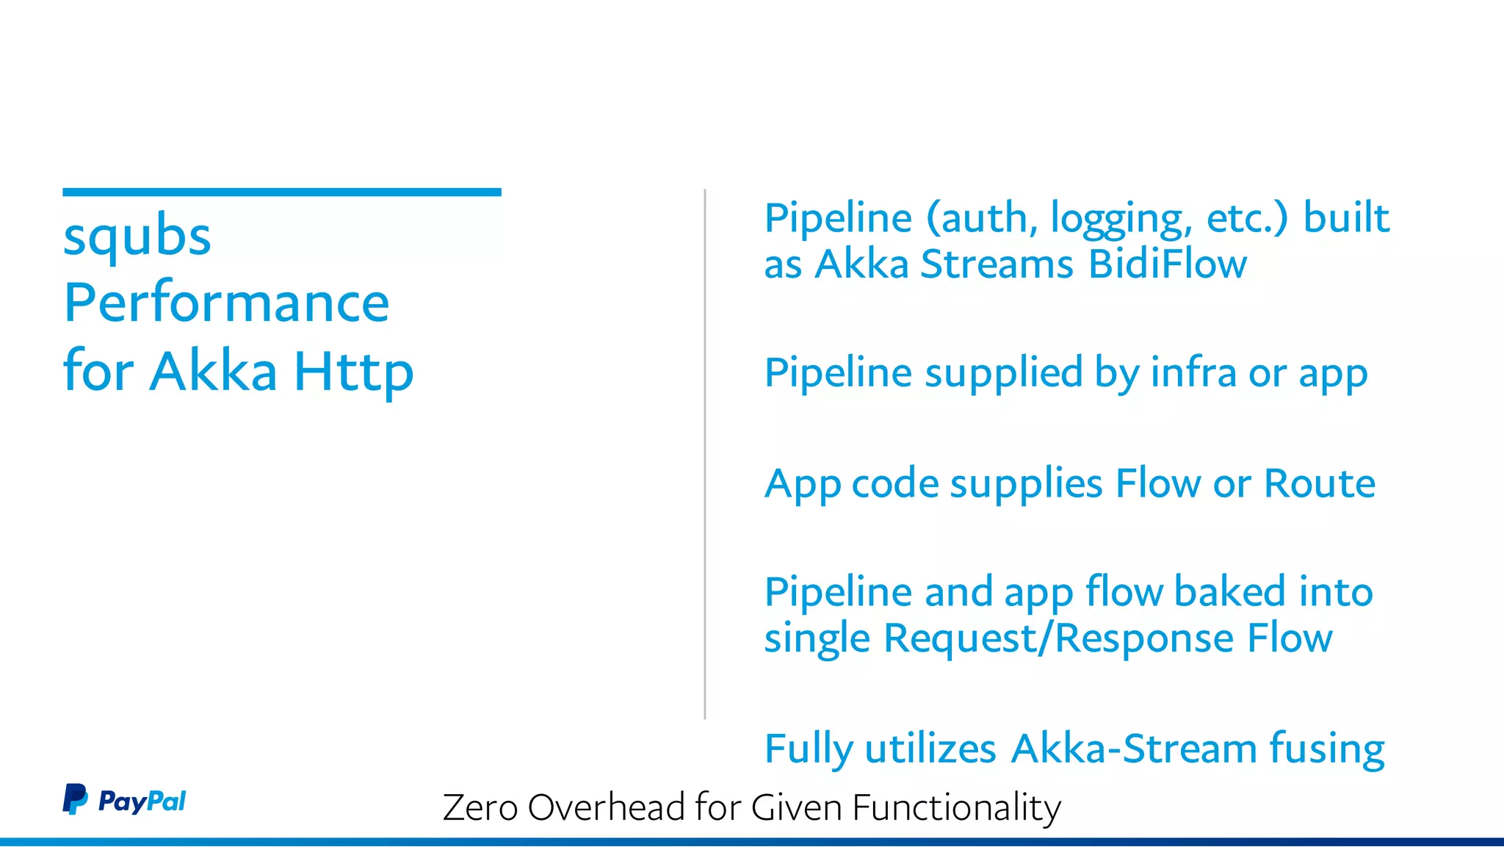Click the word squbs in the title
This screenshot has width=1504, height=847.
coord(137,237)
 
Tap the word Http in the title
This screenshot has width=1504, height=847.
coord(354,372)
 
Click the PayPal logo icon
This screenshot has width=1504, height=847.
coord(75,799)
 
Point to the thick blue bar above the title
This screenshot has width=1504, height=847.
coord(282,192)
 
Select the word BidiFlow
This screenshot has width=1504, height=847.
coord(1168,264)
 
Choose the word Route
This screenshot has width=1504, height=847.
coord(1320,483)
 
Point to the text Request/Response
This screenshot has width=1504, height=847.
coord(1058,638)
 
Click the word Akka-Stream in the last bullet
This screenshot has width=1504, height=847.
coord(1135,749)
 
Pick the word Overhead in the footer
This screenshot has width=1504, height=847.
coord(607,807)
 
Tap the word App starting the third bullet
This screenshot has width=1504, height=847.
coord(802,485)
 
